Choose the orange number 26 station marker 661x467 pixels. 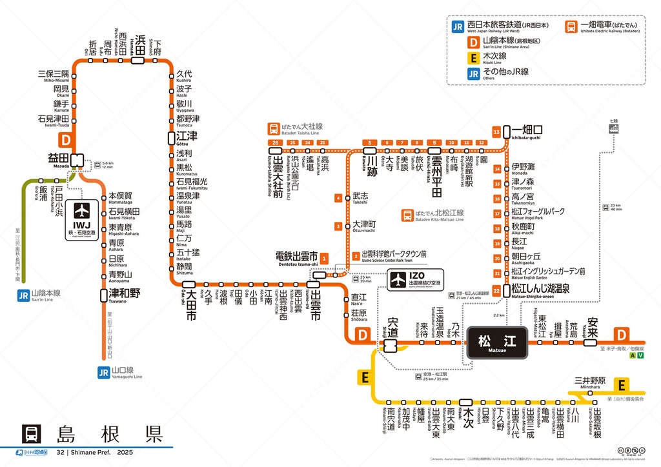point(276,143)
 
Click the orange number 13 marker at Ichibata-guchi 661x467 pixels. point(496,132)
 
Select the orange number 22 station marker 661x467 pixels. point(496,291)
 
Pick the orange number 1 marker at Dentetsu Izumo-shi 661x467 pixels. point(325,258)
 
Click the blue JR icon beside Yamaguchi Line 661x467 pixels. point(103,372)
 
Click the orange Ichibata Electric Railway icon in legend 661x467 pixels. point(571,26)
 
